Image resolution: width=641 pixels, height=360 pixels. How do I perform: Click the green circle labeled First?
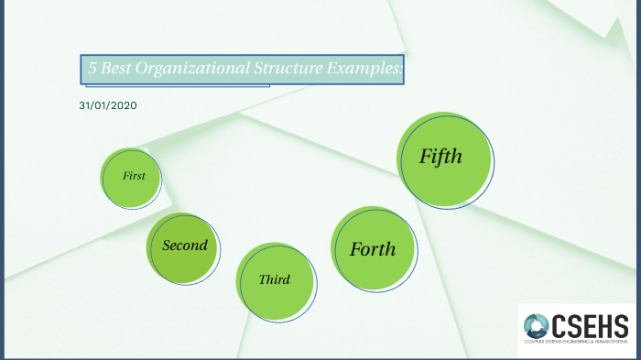131,175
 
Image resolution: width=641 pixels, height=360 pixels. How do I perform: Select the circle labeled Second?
184,247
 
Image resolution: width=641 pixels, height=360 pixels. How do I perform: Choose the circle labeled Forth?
374,249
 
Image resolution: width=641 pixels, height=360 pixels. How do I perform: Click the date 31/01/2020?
108,105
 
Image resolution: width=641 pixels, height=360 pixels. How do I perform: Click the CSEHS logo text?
592,323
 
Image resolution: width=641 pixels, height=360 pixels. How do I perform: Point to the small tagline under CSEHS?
576,343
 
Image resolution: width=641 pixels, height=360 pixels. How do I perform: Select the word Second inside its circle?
185,245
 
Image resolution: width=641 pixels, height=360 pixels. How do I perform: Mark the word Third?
275,279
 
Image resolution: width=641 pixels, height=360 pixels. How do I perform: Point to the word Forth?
373,249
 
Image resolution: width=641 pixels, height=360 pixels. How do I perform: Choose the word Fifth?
440,157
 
